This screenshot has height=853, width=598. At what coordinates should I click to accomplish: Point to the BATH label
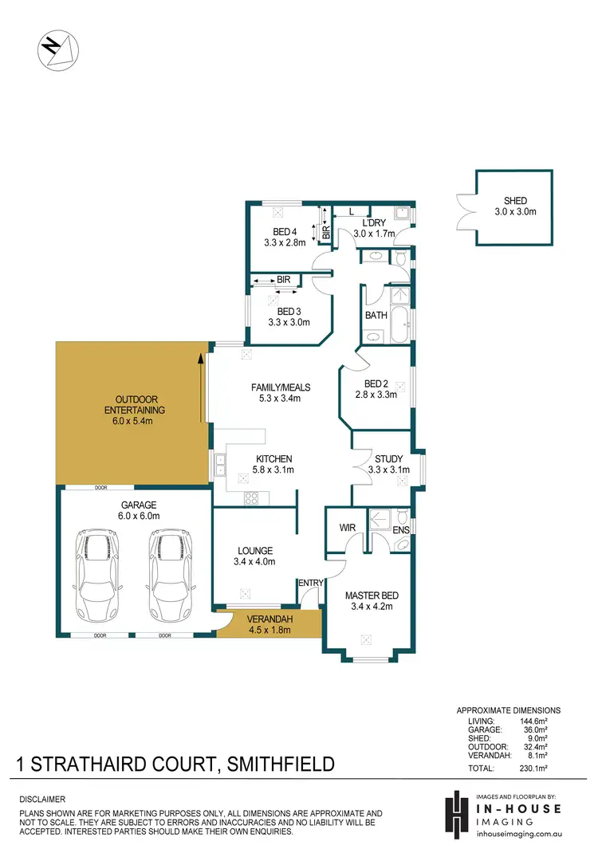click(376, 315)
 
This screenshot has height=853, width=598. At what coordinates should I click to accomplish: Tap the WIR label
click(348, 528)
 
